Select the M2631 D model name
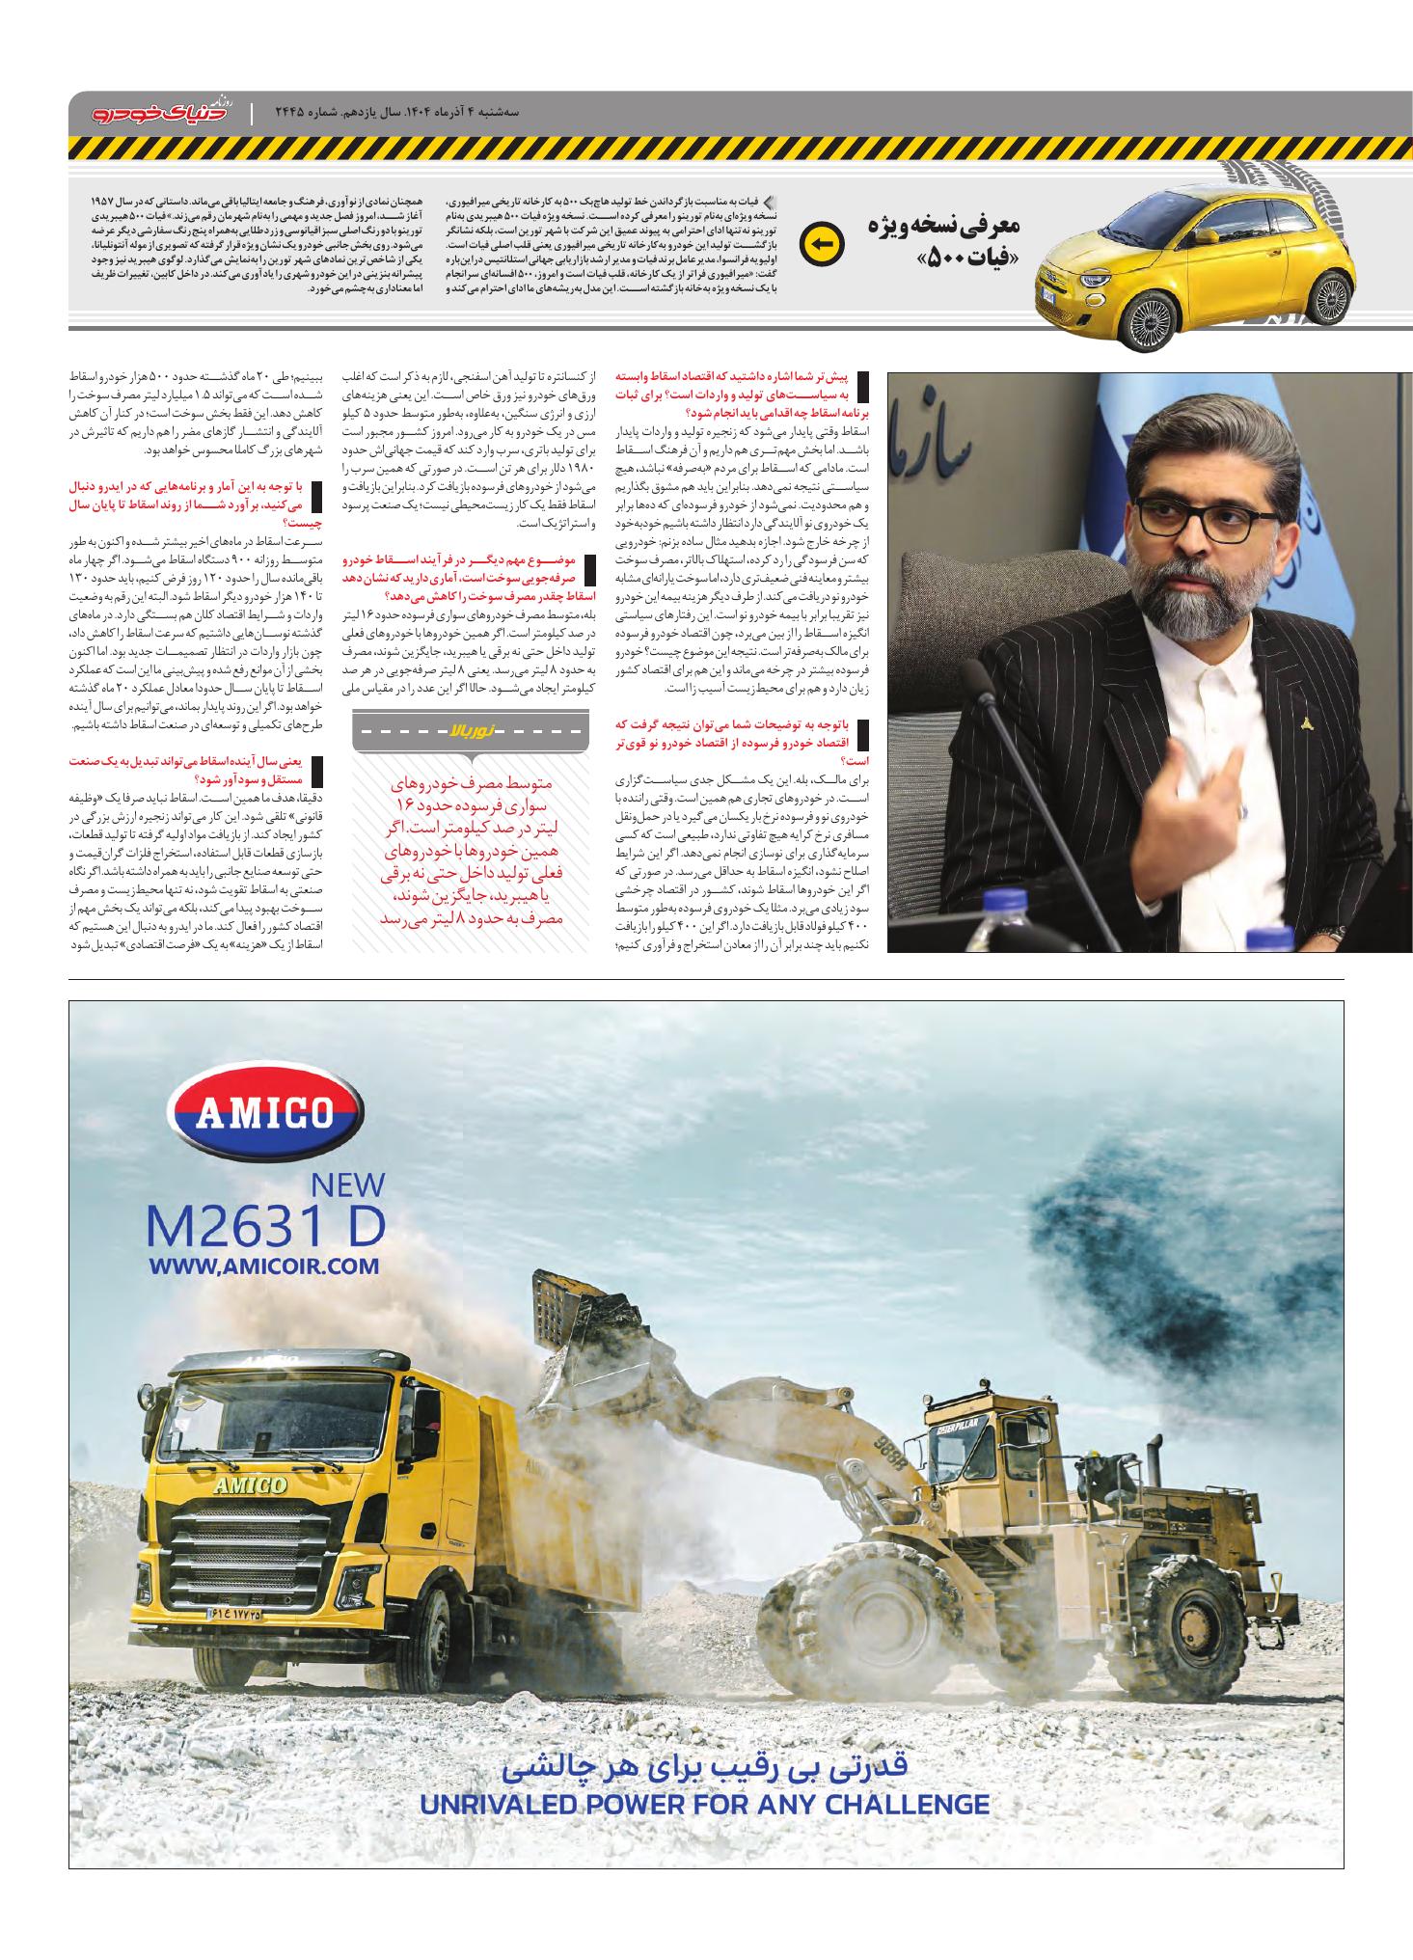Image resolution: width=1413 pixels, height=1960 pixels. tap(265, 1225)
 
